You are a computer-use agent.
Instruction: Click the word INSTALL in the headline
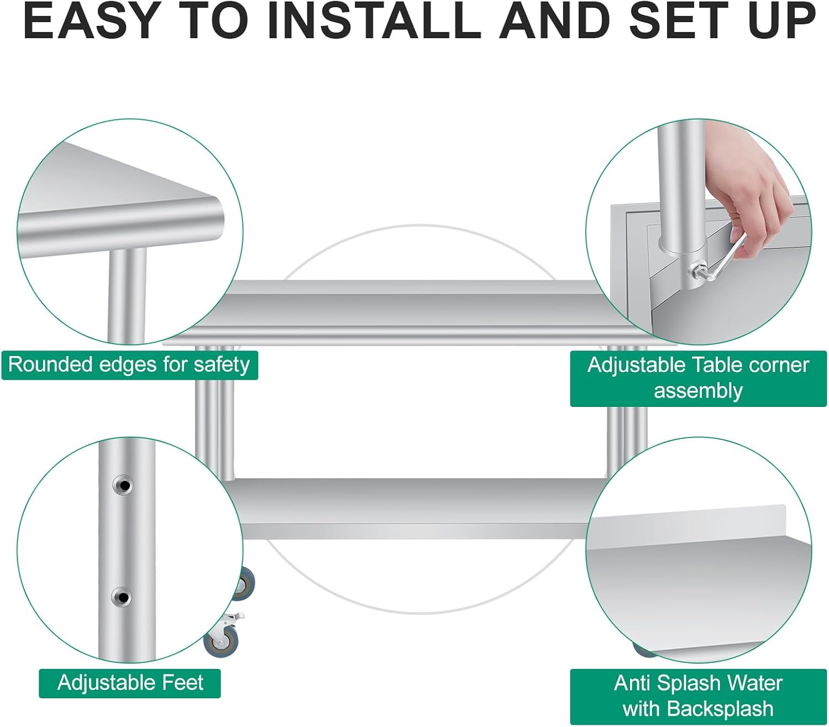pos(374,22)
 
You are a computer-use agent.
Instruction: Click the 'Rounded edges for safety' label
pos(130,365)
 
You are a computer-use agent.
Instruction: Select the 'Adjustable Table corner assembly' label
pos(699,378)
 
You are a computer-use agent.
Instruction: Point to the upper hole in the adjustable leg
pos(123,485)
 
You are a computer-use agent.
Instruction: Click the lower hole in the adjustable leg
pos(122,597)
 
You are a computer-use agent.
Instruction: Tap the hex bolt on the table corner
pos(697,270)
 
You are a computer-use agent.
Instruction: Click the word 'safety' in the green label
pos(222,365)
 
